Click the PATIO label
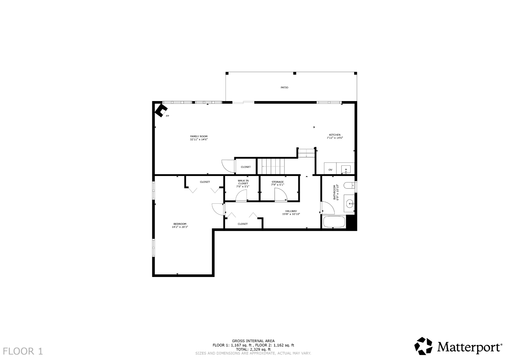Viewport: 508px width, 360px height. pyautogui.click(x=284, y=88)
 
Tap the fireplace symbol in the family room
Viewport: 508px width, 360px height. pyautogui.click(x=161, y=110)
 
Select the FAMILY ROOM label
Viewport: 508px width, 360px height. pyautogui.click(x=199, y=136)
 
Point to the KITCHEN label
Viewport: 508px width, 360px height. pyautogui.click(x=335, y=135)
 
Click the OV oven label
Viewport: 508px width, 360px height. pyautogui.click(x=330, y=170)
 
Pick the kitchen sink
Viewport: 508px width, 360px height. pyautogui.click(x=346, y=169)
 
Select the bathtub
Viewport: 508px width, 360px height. pyautogui.click(x=334, y=222)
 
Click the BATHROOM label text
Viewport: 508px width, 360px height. pyautogui.click(x=334, y=192)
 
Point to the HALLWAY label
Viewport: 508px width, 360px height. pyautogui.click(x=291, y=211)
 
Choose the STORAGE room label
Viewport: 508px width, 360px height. pyautogui.click(x=278, y=182)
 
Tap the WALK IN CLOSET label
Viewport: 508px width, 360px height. pyautogui.click(x=243, y=182)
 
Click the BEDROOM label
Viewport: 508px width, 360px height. pyautogui.click(x=180, y=224)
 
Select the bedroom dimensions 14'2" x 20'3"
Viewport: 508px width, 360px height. pyautogui.click(x=180, y=227)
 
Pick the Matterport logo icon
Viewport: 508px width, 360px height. pyautogui.click(x=423, y=346)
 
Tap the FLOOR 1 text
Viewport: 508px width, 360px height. pyautogui.click(x=23, y=351)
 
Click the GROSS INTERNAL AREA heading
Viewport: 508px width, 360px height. pyautogui.click(x=253, y=341)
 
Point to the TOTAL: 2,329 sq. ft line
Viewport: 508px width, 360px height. pyautogui.click(x=253, y=350)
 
